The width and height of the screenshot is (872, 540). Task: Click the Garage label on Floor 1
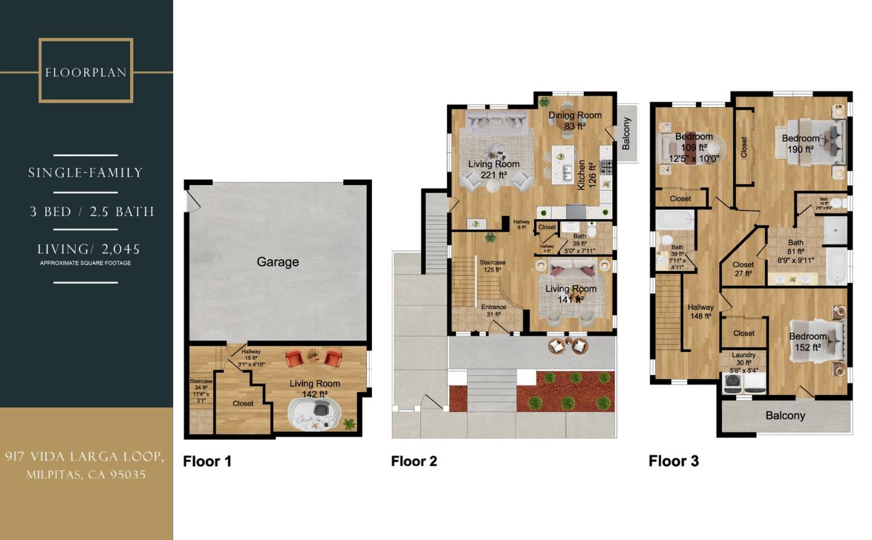[x=277, y=262]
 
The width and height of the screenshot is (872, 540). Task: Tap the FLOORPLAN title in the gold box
[x=85, y=73]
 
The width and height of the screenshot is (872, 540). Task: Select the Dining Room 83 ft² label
[x=575, y=120]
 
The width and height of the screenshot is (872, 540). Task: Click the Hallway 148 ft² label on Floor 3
[x=701, y=311]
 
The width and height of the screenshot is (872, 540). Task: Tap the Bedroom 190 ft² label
[x=800, y=144]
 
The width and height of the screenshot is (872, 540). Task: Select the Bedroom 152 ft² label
[x=807, y=342]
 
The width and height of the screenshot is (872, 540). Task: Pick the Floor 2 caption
[x=414, y=461]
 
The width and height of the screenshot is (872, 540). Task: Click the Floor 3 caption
[x=673, y=461]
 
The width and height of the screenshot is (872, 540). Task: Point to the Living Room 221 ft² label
[x=494, y=169]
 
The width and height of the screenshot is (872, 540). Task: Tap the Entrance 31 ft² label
[x=494, y=310]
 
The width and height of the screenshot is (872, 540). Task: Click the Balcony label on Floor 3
[x=785, y=415]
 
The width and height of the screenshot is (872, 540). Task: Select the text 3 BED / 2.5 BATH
[x=92, y=212]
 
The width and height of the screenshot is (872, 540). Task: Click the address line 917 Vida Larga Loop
[x=85, y=457]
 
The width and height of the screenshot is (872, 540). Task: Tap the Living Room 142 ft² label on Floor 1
[x=314, y=388]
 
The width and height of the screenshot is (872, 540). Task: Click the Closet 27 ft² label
[x=743, y=269]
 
